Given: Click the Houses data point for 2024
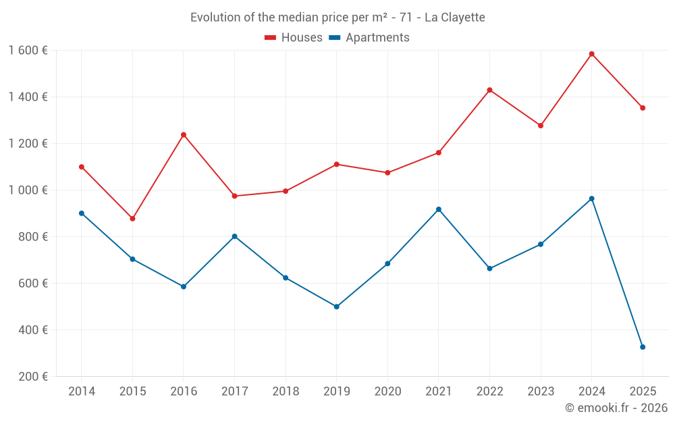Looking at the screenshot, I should click(591, 54).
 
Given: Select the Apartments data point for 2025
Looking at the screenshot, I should click(643, 347).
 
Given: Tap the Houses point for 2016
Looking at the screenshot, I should click(184, 134).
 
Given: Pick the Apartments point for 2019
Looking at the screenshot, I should click(336, 307).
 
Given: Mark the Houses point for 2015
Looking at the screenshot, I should click(132, 219).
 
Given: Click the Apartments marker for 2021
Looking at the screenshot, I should click(439, 209).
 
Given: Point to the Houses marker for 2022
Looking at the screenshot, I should click(489, 90).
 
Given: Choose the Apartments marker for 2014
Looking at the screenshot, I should click(82, 213).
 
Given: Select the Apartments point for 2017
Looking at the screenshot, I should click(234, 236).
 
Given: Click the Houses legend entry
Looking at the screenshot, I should click(294, 38).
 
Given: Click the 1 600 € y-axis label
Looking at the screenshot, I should click(28, 51).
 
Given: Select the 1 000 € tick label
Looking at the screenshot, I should click(28, 190).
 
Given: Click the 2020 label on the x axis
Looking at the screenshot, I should click(387, 392).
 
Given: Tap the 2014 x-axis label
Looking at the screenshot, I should click(82, 392).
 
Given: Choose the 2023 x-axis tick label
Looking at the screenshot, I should click(541, 392).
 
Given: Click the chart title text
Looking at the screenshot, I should click(337, 18).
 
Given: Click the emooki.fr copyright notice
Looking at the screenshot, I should click(616, 408).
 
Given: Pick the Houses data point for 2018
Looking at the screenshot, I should click(286, 191).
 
